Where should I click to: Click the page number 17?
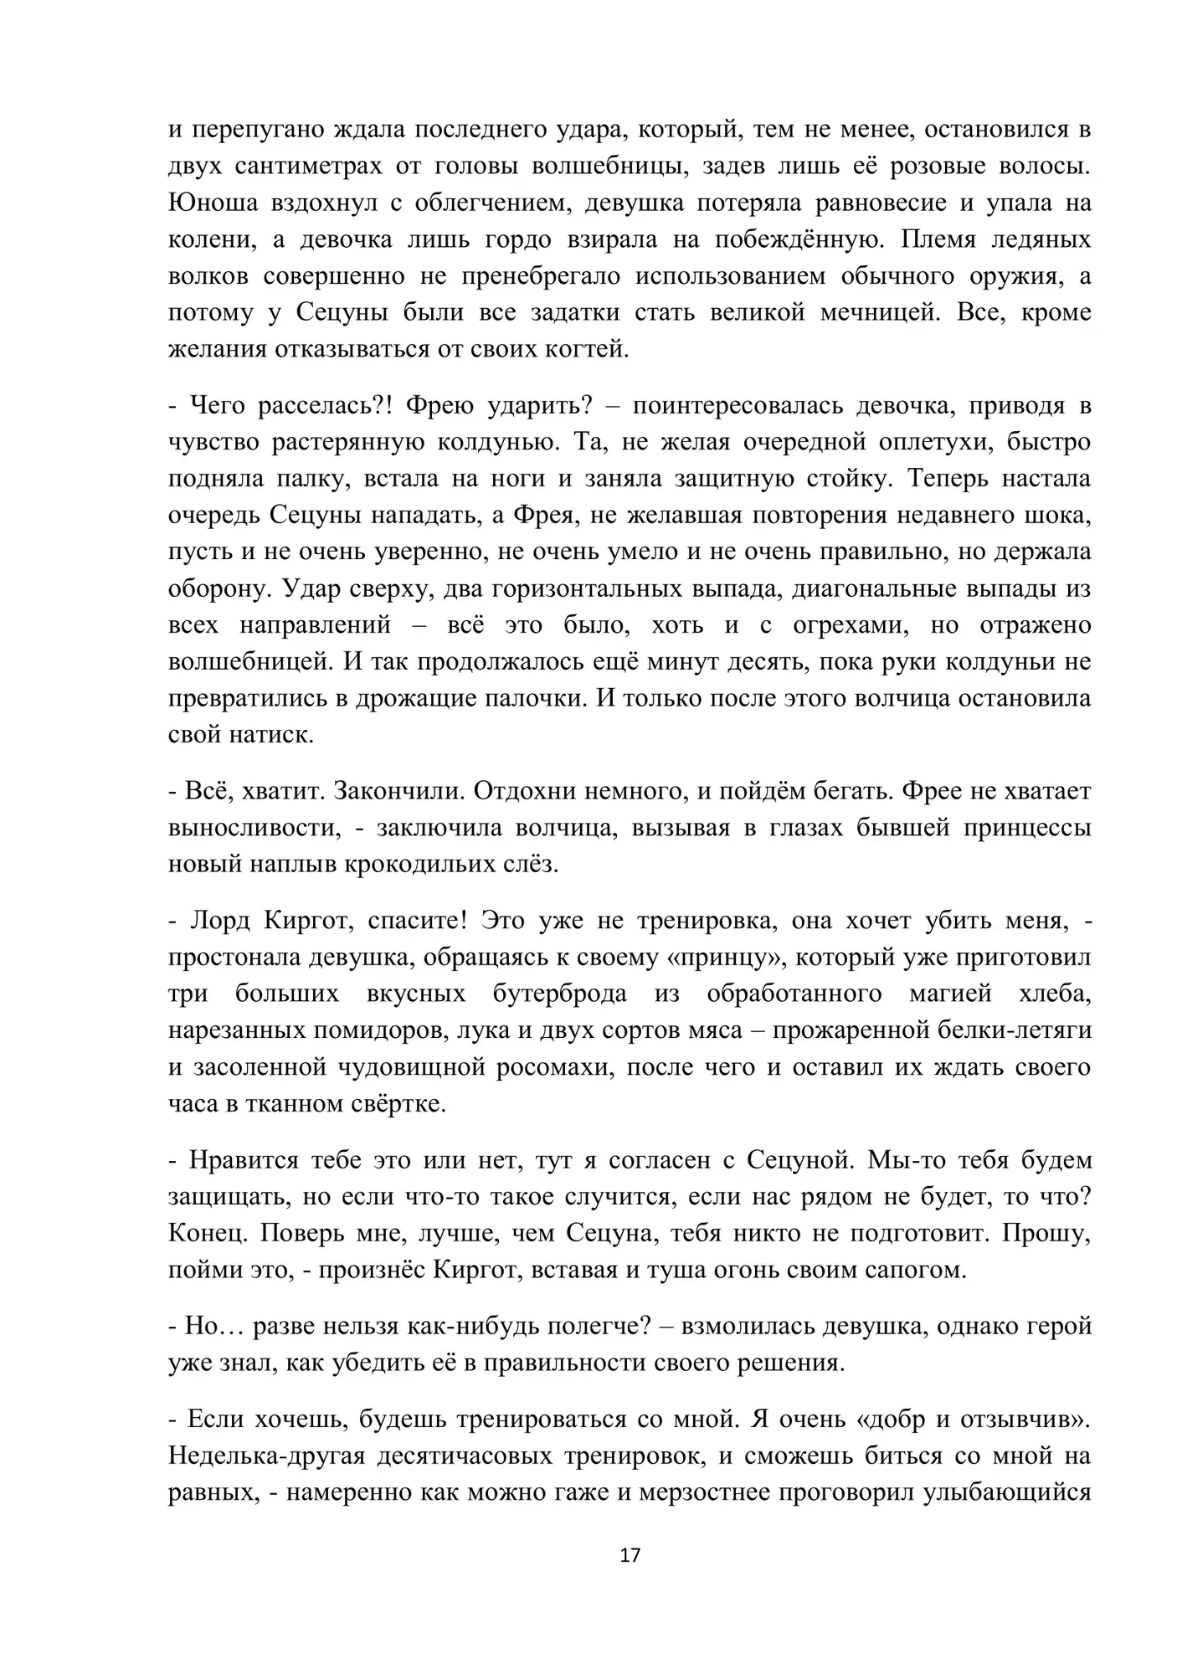click(x=630, y=1555)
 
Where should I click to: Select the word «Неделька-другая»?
click(x=267, y=1456)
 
